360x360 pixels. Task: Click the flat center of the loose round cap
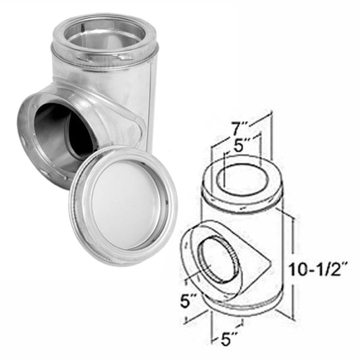[x=122, y=205]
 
